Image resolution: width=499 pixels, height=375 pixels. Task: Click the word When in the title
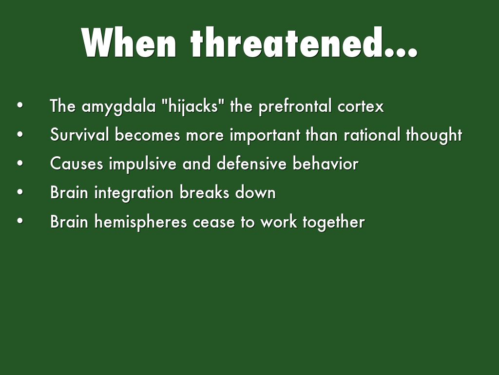point(129,42)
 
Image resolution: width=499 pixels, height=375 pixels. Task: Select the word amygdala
point(119,107)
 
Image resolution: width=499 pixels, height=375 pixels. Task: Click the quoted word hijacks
point(191,106)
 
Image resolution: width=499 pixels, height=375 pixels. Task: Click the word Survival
point(79,135)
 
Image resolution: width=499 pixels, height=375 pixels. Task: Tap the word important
point(265,136)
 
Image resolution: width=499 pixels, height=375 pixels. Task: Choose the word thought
point(434,136)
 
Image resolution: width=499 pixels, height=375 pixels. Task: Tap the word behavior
point(326,164)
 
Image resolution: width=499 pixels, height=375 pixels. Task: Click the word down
point(255,192)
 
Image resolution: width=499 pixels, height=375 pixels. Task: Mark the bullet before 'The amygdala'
point(20,105)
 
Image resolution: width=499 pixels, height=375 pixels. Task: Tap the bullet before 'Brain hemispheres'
point(20,221)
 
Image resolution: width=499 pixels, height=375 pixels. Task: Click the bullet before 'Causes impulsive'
point(20,163)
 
